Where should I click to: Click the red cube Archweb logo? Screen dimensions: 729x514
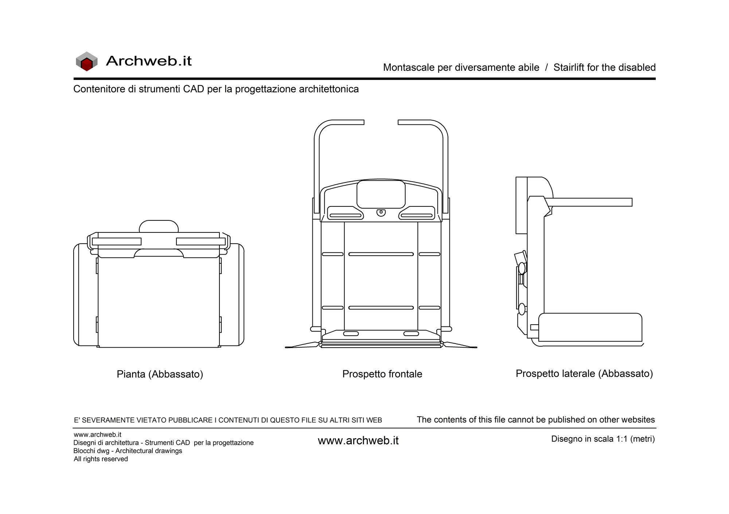coord(87,61)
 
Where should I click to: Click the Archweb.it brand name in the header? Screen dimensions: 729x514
coord(149,61)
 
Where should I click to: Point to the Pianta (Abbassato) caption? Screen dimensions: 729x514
coord(160,374)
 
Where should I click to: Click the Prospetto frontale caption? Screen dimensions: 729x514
coord(382,374)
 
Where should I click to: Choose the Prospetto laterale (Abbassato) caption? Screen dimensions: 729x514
coord(584,374)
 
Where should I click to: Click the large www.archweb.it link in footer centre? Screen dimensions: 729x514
coord(358,441)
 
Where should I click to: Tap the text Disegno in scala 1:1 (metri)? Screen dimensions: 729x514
coord(603,439)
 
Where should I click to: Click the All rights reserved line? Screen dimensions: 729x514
coord(101,459)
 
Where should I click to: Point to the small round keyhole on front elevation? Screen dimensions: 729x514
coord(381,212)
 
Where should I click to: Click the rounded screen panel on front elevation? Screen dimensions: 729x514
coord(381,194)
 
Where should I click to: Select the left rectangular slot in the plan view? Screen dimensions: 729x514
coord(117,241)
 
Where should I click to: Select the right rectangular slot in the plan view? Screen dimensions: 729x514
coord(201,241)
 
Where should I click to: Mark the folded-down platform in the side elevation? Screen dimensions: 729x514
coord(590,327)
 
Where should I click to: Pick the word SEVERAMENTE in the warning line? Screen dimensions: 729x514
coord(108,420)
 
